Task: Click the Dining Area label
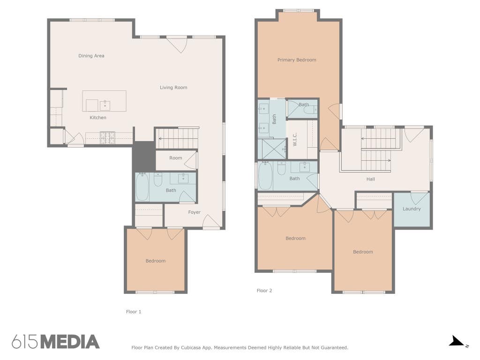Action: (91, 56)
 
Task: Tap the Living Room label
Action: (173, 88)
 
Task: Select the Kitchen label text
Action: (98, 118)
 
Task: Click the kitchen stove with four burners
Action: (107, 137)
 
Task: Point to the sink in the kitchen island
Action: (105, 105)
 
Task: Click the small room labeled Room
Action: (176, 160)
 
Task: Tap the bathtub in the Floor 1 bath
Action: (142, 187)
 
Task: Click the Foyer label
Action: (194, 212)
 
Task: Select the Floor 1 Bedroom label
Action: (156, 261)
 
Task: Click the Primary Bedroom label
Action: (297, 60)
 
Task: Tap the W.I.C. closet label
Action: (295, 139)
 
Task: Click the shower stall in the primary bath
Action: (272, 149)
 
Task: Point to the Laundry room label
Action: (412, 209)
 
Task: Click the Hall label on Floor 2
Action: (370, 179)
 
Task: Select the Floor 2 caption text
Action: (264, 291)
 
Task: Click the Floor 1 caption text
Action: (134, 312)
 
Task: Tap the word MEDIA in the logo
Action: (70, 342)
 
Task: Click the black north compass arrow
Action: (456, 341)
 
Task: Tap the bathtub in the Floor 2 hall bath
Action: (265, 176)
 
